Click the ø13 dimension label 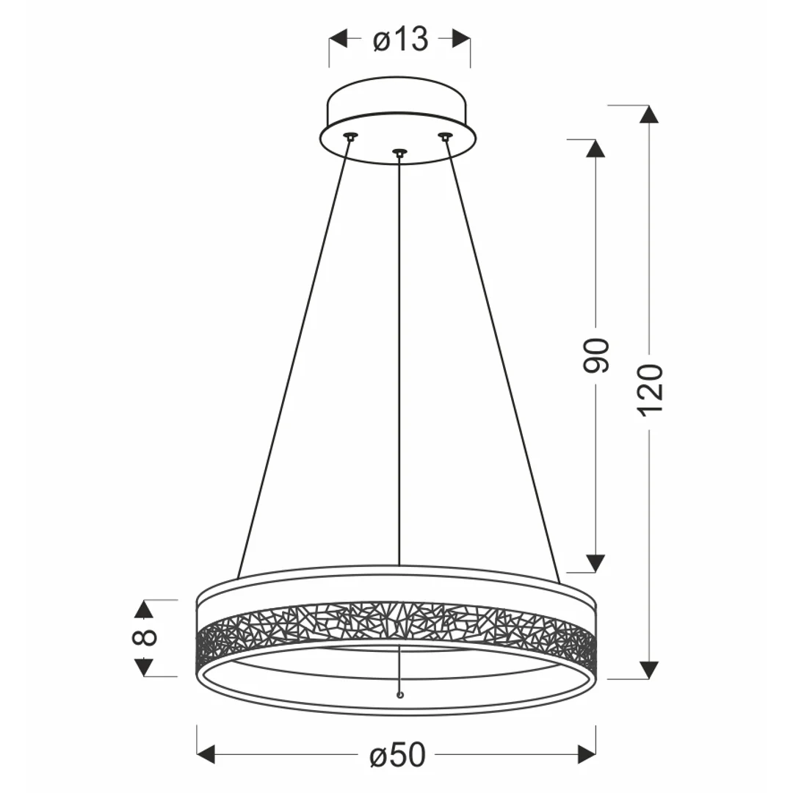(401, 39)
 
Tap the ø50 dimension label (397, 755)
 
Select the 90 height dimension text (596, 355)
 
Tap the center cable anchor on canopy (399, 152)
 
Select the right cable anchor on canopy (444, 136)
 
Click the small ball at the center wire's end (401, 695)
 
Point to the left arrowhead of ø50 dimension (206, 754)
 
